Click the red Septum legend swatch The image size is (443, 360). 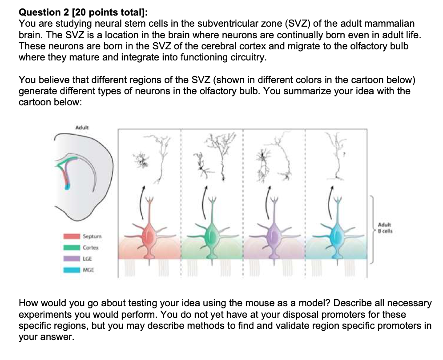pyautogui.click(x=72, y=236)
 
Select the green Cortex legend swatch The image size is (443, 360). pyautogui.click(x=72, y=248)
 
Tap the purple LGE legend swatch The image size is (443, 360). pyautogui.click(x=72, y=259)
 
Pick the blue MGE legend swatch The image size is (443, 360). pyautogui.click(x=72, y=270)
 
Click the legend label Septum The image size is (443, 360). pyautogui.click(x=92, y=236)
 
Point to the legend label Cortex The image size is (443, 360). pyautogui.click(x=91, y=248)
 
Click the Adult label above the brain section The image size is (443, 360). pyautogui.click(x=82, y=128)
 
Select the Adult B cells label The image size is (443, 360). pyautogui.click(x=385, y=228)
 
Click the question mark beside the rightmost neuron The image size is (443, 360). pyautogui.click(x=344, y=155)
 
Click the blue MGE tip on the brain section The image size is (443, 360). pyautogui.click(x=67, y=186)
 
